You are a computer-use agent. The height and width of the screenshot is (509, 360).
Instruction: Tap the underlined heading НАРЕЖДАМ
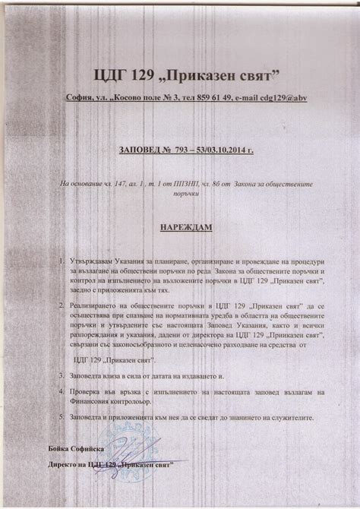pos(180,227)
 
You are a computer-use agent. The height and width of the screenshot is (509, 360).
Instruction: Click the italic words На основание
pos(81,184)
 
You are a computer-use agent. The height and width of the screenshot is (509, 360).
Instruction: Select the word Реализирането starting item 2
pos(96,305)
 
